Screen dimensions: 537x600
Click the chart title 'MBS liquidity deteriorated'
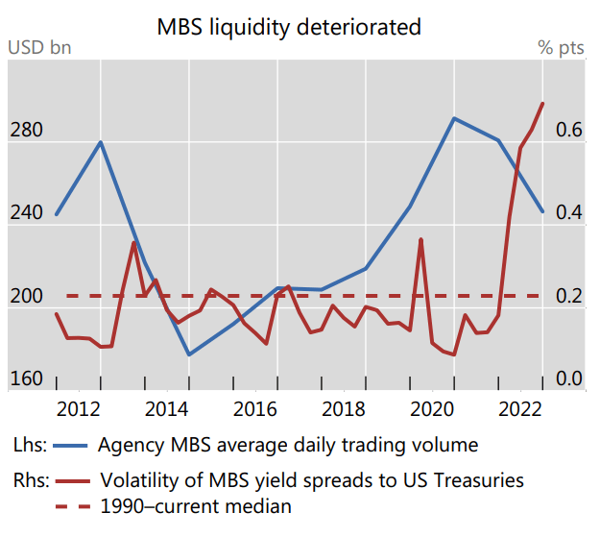point(289,27)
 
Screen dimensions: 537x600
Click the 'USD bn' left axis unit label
point(39,47)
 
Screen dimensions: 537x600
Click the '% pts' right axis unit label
point(559,47)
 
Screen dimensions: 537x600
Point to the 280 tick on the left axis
point(26,130)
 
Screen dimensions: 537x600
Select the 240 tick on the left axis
point(26,213)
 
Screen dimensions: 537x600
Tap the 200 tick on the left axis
point(26,297)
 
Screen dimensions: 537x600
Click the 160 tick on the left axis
point(26,379)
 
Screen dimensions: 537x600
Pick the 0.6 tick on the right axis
point(569,130)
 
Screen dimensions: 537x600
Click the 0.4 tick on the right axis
point(569,213)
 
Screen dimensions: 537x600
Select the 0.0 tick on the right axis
point(569,379)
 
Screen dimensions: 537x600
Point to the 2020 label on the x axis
point(431,407)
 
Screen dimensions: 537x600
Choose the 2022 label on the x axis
point(519,407)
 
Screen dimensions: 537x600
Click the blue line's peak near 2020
point(454,118)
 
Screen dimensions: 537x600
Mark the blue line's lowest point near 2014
point(189,354)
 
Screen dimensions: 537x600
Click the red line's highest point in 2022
point(542,104)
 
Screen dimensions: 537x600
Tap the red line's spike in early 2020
point(420,239)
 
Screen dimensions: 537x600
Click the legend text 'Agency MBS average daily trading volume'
point(288,445)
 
